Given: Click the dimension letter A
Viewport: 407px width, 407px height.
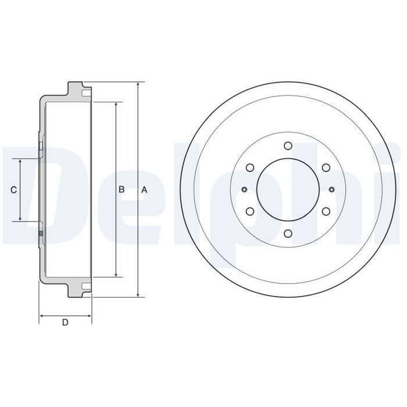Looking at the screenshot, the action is (x=144, y=190).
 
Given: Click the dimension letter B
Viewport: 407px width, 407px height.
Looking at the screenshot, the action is (x=121, y=190).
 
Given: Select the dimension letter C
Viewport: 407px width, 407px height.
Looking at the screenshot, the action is (x=13, y=190).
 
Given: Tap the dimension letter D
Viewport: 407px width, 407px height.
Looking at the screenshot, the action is (x=65, y=322).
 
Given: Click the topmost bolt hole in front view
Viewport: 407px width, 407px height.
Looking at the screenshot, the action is (x=288, y=145).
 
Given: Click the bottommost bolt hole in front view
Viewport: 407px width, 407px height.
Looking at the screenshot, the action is (x=288, y=233).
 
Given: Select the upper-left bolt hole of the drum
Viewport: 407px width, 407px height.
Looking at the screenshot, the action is (x=249, y=167).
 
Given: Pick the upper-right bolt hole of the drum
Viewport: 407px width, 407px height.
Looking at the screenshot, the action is (x=326, y=167).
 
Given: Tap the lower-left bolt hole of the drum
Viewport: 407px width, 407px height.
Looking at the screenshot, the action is (x=249, y=212).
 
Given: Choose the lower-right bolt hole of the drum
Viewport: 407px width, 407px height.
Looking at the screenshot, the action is (x=326, y=212).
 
